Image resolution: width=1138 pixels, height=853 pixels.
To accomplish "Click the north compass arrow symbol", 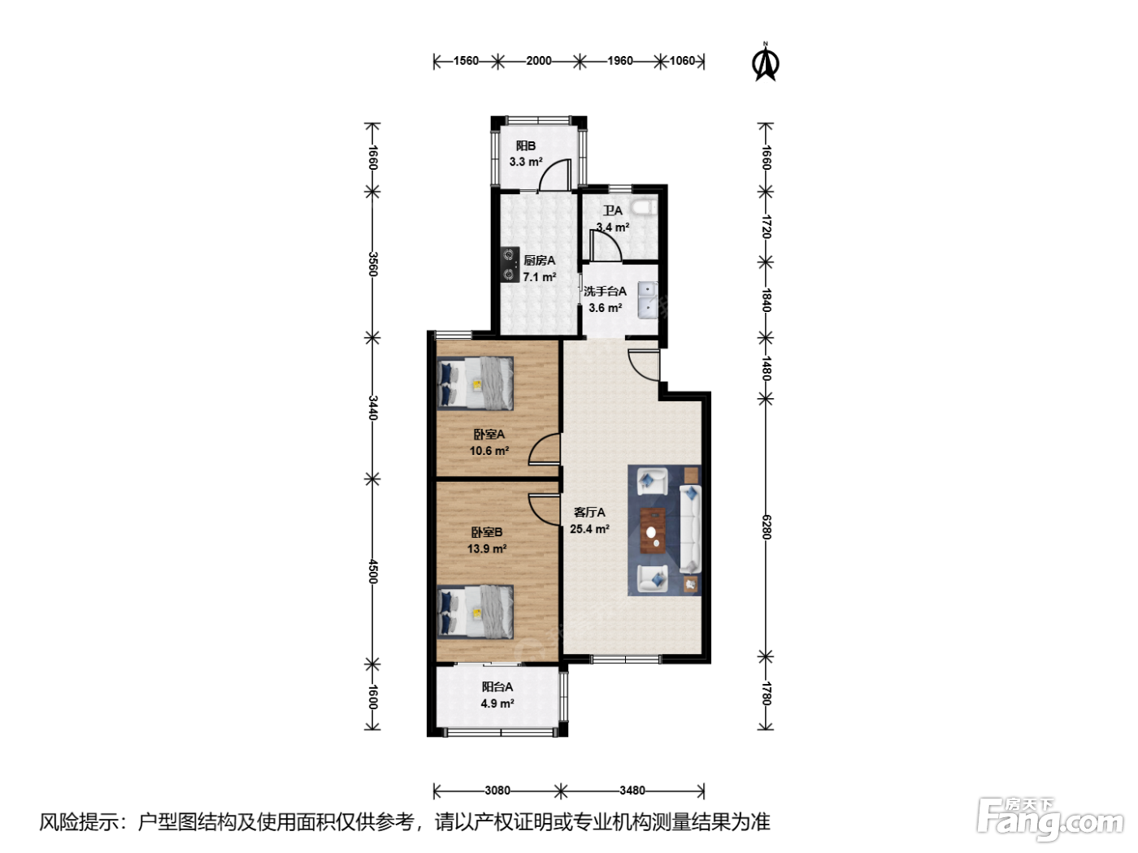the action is pos(765,63).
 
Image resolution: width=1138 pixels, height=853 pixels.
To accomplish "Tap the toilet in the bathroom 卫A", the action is pos(645,206).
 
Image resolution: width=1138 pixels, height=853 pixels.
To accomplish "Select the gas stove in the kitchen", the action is pos(510,264).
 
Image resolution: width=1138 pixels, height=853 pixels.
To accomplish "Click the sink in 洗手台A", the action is pos(648,300).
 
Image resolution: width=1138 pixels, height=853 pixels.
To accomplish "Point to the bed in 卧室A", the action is pos(476,383).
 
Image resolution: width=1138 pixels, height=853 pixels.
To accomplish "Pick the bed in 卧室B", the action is pos(476,612).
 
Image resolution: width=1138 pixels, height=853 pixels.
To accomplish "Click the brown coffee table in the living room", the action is pos(654,530).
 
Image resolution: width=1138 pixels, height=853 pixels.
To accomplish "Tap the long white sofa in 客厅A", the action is pos(691,529).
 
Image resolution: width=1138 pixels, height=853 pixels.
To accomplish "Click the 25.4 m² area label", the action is pos(589,529).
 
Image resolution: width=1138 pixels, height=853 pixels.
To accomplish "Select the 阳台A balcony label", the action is pos(497,686).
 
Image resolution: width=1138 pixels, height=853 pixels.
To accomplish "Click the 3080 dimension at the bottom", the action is pos(497,790).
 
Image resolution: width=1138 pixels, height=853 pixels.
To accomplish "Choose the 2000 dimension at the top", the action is pos(539,61).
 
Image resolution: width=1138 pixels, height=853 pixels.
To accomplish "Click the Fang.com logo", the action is pos(1050,819).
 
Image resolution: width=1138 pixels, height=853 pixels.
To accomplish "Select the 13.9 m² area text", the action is pos(487,548).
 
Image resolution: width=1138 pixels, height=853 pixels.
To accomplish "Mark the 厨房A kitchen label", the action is pos(539,261).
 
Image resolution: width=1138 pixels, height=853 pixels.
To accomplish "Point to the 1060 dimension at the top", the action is pos(682,61).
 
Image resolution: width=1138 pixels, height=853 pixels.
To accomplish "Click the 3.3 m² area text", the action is pos(526,162).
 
